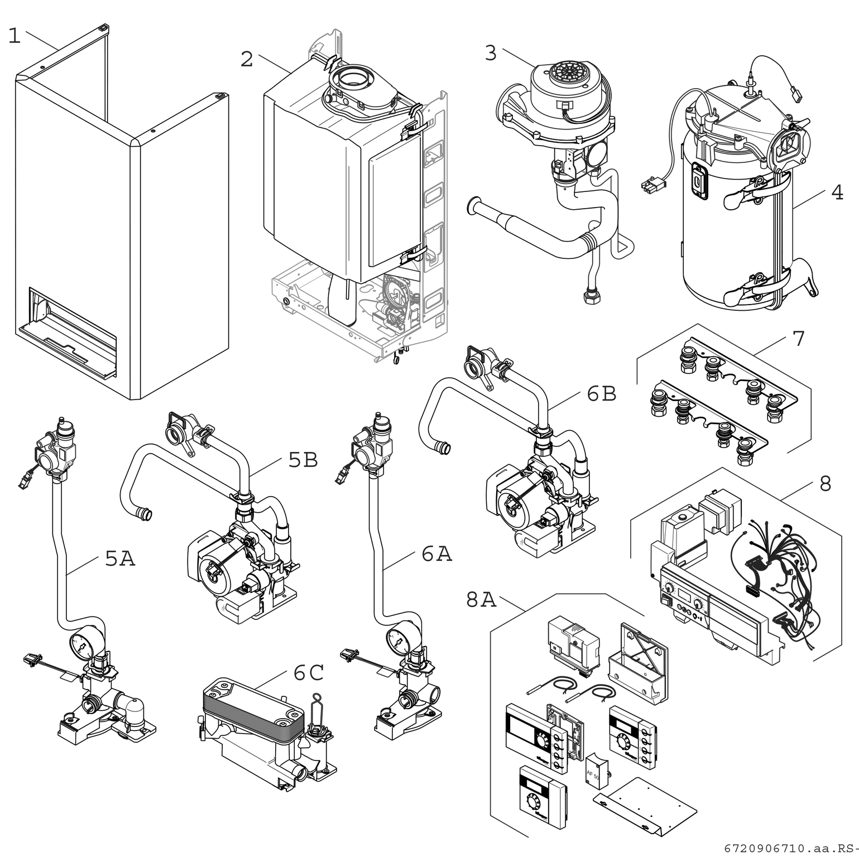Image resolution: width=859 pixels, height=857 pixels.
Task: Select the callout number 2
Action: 247,59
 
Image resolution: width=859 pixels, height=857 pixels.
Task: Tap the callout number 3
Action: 491,53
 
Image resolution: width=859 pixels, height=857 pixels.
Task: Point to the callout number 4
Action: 837,192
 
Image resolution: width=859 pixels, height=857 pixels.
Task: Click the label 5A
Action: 120,558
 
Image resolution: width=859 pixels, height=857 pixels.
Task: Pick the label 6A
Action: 436,554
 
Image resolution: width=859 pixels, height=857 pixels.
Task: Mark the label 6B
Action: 602,394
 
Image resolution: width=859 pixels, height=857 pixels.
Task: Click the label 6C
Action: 309,673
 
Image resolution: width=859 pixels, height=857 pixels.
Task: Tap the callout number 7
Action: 799,338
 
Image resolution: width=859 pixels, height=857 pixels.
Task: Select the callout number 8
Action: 826,483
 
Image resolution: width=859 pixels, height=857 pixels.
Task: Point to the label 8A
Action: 481,600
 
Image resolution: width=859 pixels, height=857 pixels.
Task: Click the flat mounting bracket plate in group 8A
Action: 645,803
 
